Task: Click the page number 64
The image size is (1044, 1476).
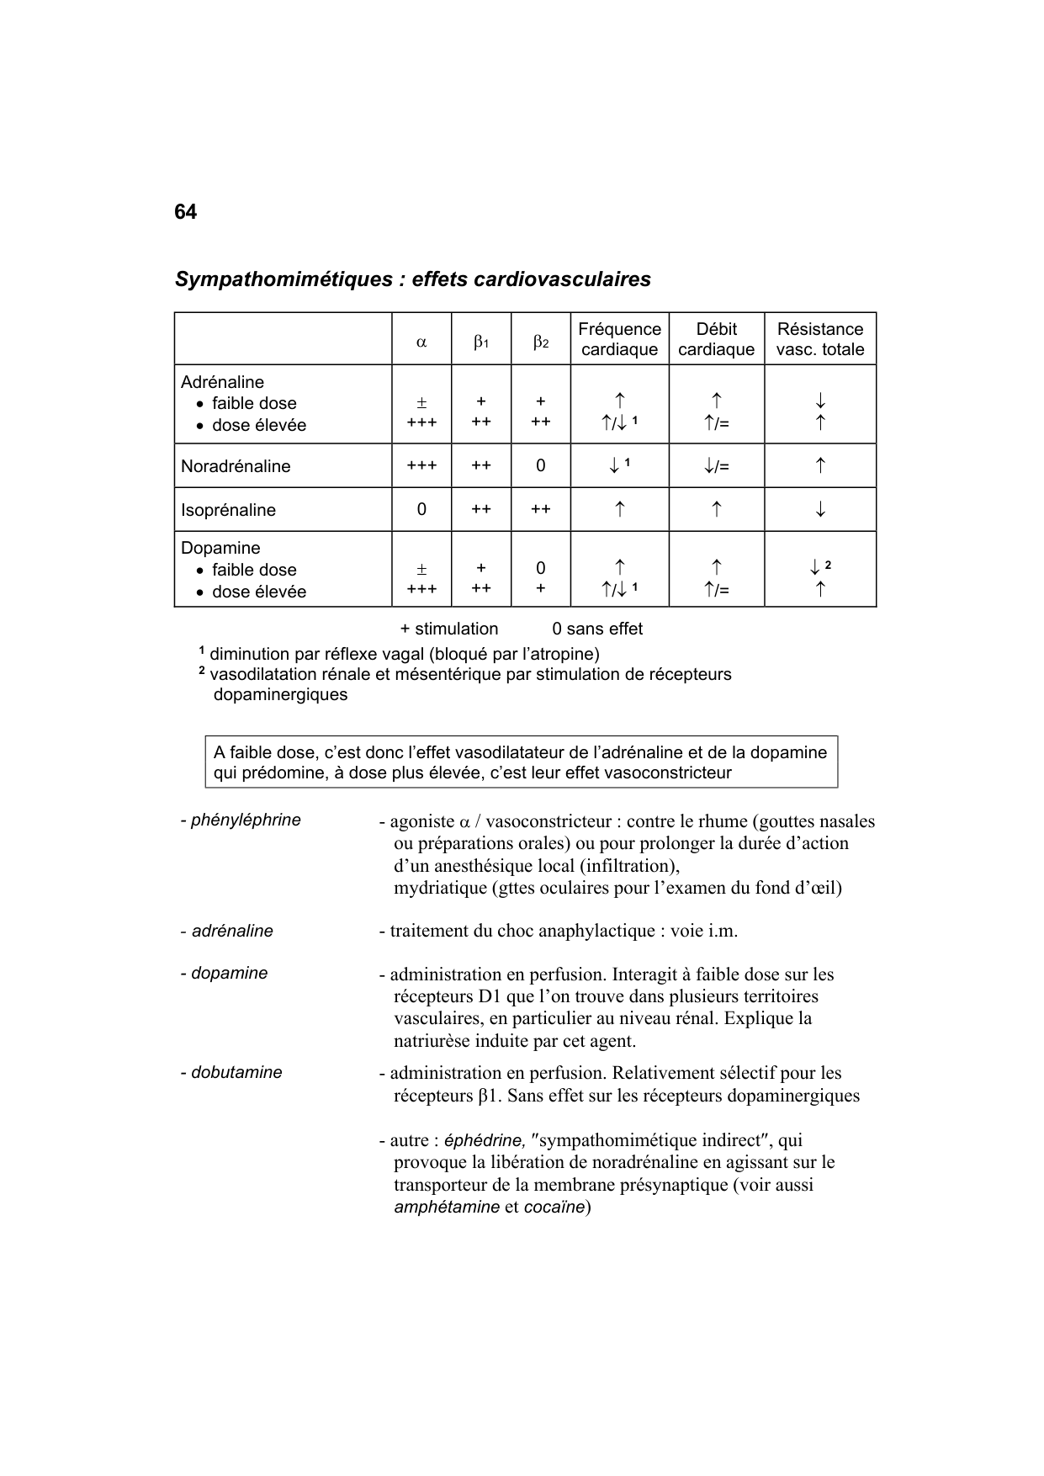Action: (185, 212)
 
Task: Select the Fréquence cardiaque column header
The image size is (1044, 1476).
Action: (619, 339)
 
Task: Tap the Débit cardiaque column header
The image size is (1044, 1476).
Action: (716, 339)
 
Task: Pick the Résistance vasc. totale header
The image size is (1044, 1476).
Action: (819, 339)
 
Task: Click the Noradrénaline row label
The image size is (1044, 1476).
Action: (236, 466)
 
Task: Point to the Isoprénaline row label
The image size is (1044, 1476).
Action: (228, 510)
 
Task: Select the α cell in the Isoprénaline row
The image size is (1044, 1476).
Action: (421, 509)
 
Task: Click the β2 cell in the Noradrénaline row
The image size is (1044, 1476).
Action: (540, 465)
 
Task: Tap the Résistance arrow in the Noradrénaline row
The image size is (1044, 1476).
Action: (820, 465)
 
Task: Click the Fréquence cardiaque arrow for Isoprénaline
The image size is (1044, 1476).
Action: (619, 509)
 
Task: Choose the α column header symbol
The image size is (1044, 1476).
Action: (421, 342)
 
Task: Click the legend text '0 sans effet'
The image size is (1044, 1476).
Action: (597, 629)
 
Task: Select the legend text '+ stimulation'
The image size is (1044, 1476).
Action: (449, 629)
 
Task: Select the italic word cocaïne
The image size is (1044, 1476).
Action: (554, 1207)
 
